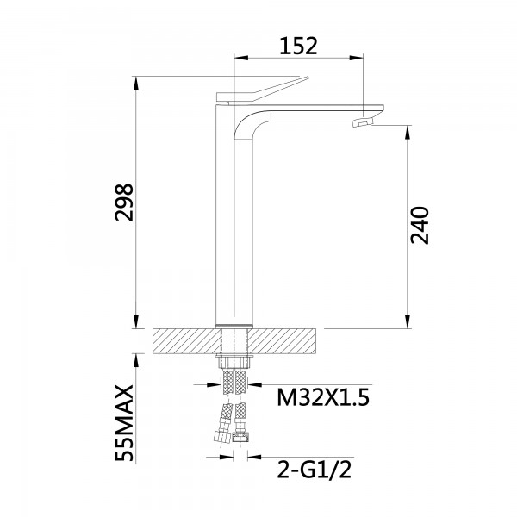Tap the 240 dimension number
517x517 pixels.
[x=420, y=227]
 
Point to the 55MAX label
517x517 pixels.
[x=126, y=416]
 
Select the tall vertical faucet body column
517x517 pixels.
[x=232, y=224]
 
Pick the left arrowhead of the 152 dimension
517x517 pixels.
[x=241, y=59]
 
